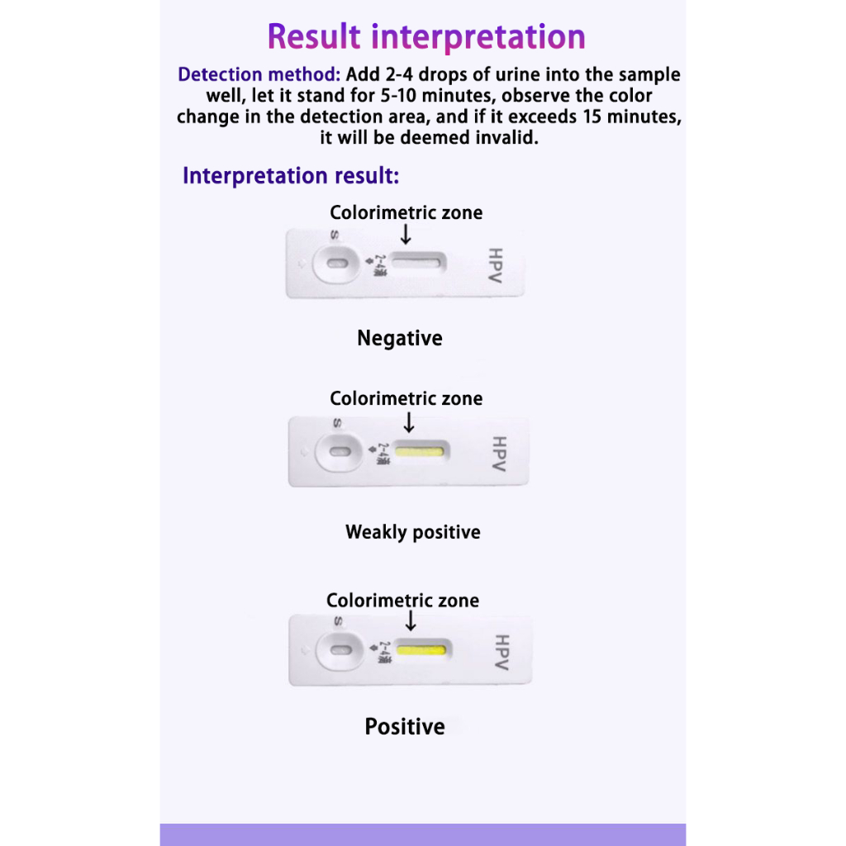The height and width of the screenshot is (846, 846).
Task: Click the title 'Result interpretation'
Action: (426, 37)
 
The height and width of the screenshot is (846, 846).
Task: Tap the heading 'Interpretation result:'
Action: (291, 176)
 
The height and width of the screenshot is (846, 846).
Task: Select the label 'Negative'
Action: (400, 338)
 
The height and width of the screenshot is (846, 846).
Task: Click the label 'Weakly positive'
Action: (413, 532)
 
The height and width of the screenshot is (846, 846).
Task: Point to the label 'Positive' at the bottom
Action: (405, 726)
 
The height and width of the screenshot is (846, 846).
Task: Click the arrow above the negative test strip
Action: (405, 235)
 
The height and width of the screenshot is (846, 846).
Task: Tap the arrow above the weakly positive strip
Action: (408, 423)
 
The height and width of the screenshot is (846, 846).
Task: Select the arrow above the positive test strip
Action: (411, 621)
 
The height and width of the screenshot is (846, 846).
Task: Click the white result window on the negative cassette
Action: (418, 263)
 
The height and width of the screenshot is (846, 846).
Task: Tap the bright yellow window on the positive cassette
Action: (422, 649)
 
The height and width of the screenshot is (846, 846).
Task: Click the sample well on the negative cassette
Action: (336, 264)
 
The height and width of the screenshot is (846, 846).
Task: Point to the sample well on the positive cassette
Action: (339, 650)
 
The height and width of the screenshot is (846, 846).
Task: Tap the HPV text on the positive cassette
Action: (501, 653)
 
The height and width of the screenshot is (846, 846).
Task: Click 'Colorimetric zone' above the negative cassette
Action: (406, 212)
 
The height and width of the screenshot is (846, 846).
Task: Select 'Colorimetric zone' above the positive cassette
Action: (402, 601)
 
